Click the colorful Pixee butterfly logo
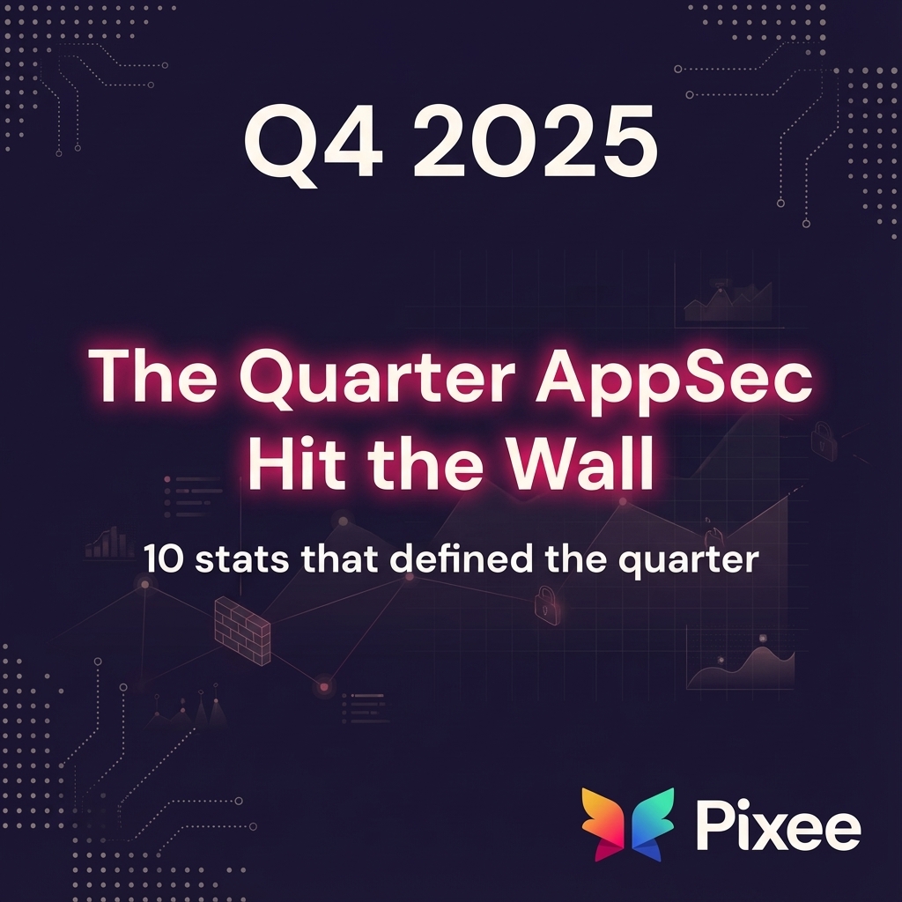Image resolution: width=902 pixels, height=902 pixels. [x=627, y=824]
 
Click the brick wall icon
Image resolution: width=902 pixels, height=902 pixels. [x=242, y=629]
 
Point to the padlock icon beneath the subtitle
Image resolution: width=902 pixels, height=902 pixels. [x=546, y=606]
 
